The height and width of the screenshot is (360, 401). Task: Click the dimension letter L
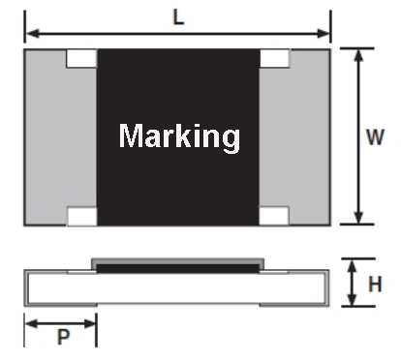(178, 17)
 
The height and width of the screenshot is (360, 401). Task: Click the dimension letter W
(375, 136)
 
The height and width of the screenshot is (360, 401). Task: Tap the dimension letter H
(375, 285)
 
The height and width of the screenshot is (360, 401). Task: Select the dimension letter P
(63, 337)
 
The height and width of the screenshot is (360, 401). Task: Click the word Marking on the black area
(179, 136)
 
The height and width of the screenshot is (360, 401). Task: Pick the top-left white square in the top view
(81, 58)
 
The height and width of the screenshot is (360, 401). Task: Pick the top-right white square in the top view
(274, 58)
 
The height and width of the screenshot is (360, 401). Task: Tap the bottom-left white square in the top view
(82, 216)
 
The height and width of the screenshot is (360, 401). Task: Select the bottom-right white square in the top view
(274, 216)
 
